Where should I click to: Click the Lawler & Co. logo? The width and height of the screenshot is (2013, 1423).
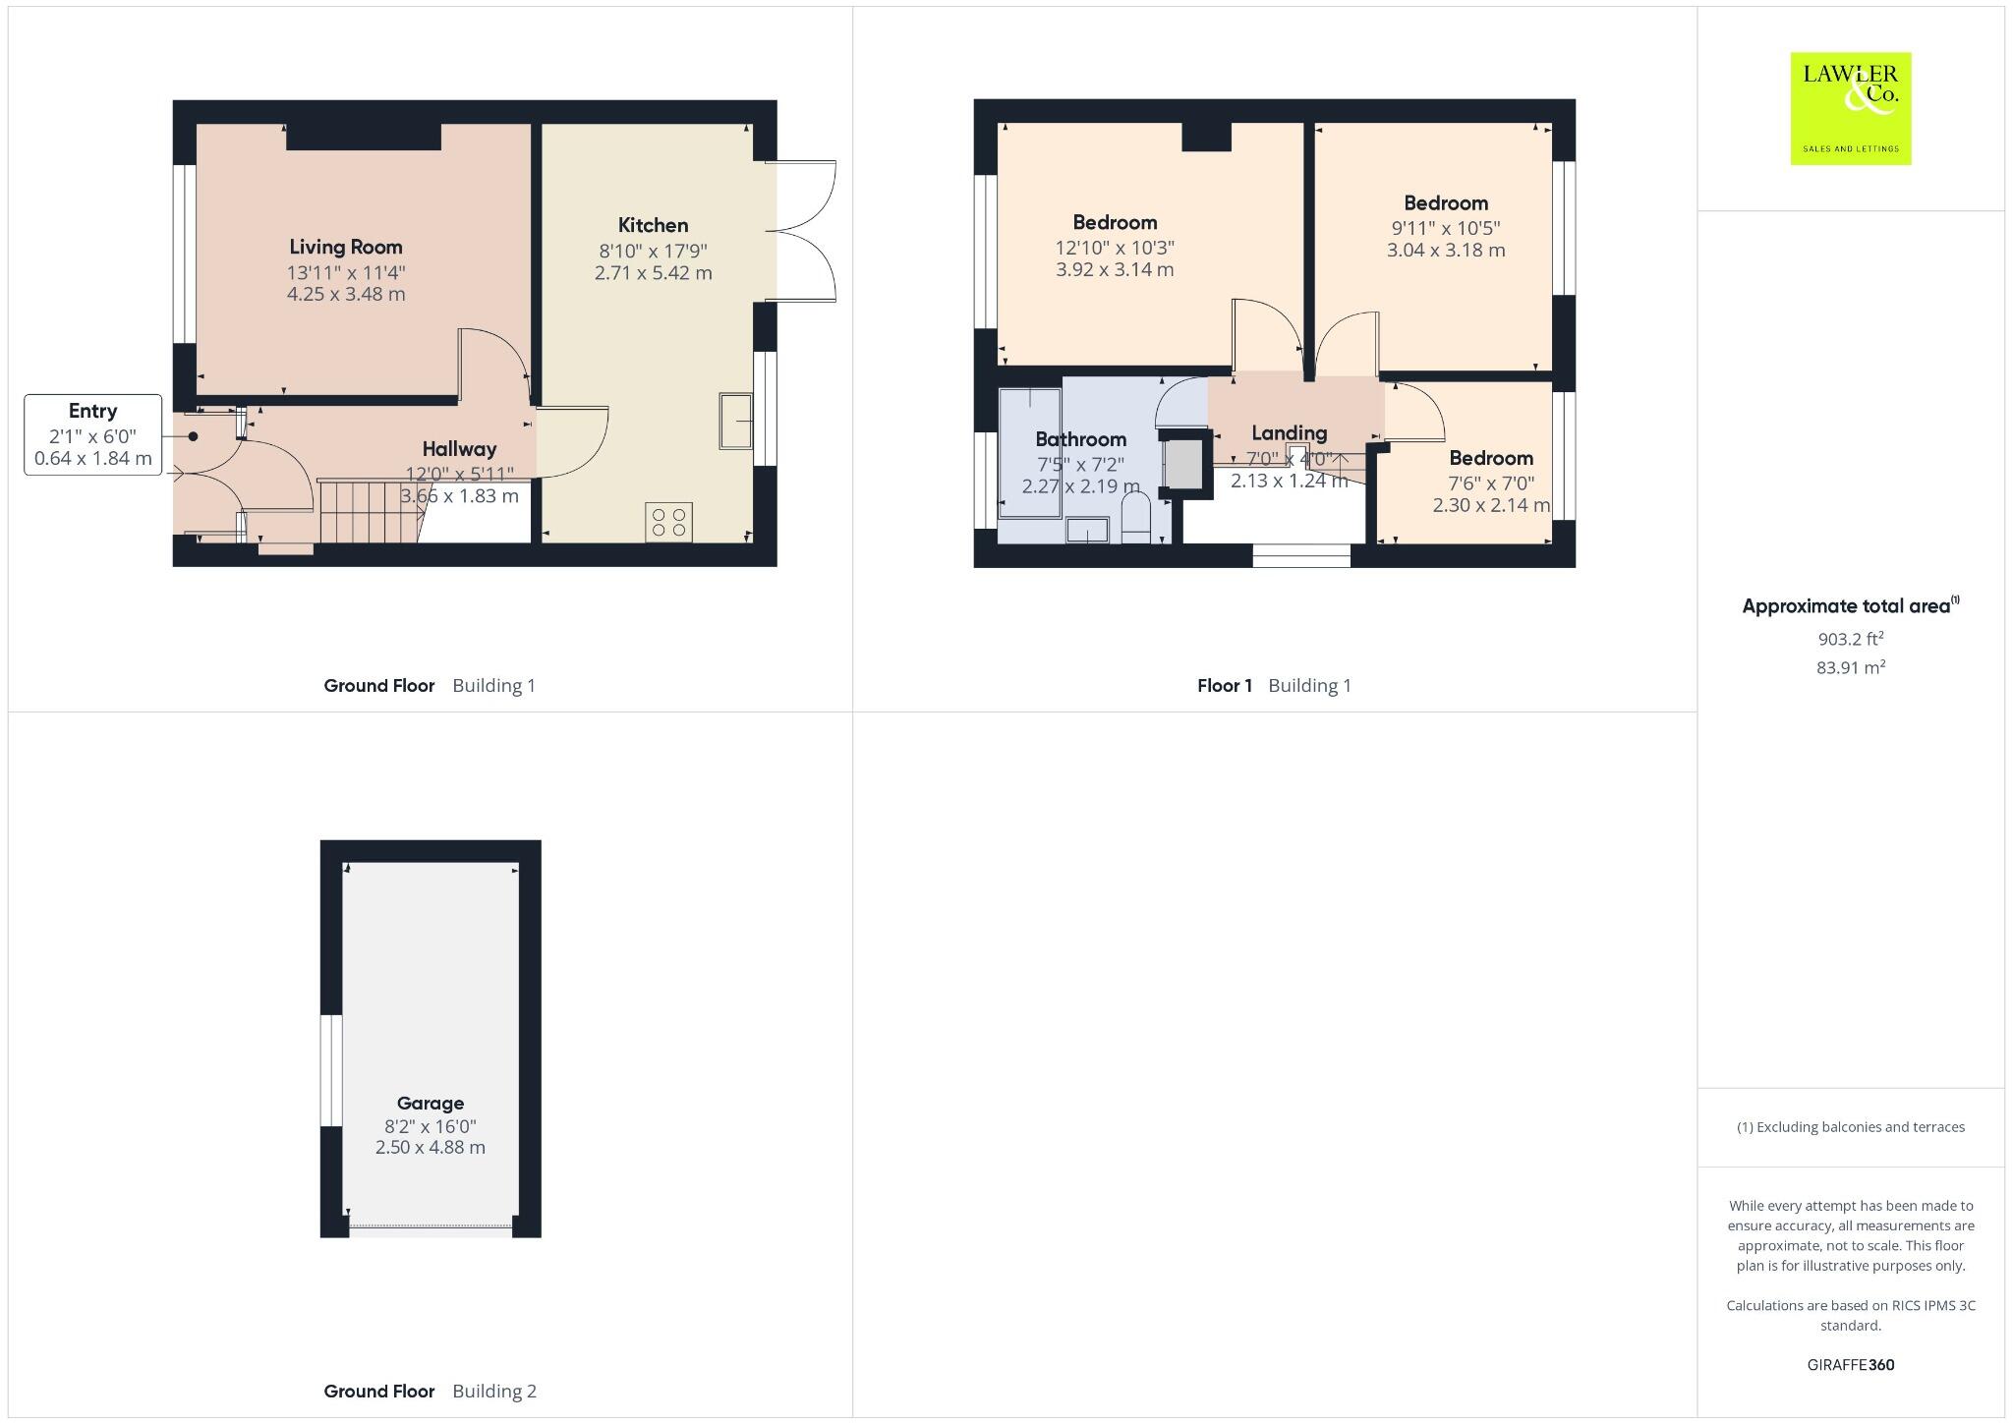click(x=1850, y=108)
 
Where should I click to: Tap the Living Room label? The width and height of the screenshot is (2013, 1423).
click(x=345, y=247)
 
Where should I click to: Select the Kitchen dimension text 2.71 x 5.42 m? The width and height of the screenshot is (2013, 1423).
click(x=653, y=273)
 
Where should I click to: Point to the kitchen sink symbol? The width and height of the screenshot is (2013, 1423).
click(x=735, y=422)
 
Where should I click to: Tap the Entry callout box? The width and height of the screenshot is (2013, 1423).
click(x=92, y=434)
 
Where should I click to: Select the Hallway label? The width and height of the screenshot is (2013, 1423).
click(x=459, y=449)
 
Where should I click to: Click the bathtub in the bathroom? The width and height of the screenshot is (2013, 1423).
click(x=1029, y=453)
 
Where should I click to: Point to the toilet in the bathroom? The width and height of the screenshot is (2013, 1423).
click(x=1136, y=518)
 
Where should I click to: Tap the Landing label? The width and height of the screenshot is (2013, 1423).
click(x=1289, y=433)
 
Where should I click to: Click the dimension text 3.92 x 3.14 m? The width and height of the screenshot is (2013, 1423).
click(x=1115, y=269)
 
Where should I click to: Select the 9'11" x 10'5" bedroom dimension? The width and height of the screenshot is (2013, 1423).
click(x=1445, y=228)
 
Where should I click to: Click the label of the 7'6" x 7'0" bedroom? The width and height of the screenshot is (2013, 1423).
click(x=1490, y=458)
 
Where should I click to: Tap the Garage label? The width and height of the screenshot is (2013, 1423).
click(x=430, y=1103)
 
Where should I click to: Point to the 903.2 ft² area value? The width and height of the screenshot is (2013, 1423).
click(x=1850, y=639)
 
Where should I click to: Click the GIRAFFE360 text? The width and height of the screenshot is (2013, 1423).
click(x=1850, y=1364)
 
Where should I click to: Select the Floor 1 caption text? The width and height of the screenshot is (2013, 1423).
click(x=1224, y=686)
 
